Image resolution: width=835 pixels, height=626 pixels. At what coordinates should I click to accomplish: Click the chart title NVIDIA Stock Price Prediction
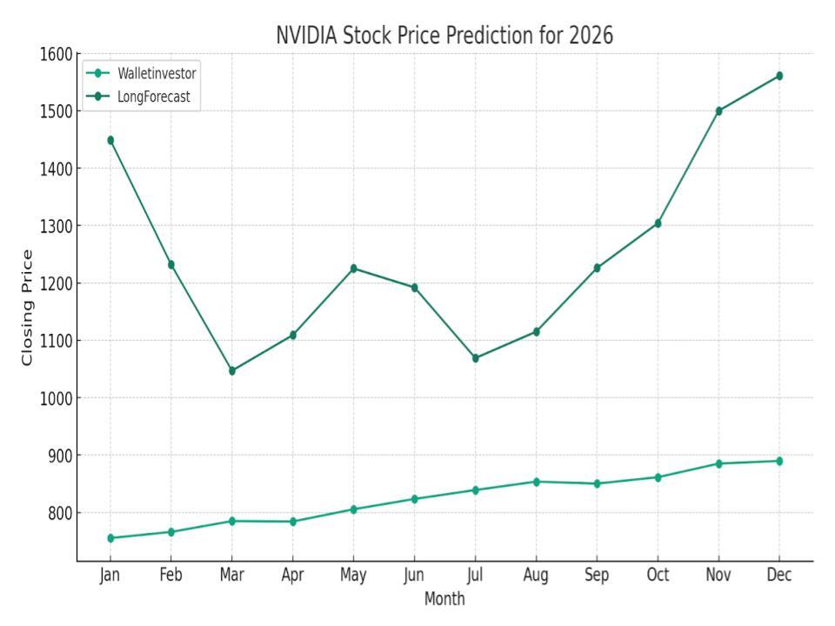(x=444, y=36)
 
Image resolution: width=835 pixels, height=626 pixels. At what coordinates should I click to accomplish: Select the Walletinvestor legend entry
(x=157, y=73)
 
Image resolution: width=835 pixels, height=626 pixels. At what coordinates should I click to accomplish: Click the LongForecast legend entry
(x=153, y=97)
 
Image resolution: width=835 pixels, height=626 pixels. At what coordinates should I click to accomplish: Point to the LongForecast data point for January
(x=110, y=140)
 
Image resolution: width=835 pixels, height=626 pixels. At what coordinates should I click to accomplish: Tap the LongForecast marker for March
(x=232, y=371)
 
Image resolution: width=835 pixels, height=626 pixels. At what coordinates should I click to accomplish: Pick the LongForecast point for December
(x=779, y=76)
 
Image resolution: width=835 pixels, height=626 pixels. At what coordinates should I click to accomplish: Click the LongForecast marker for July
(x=475, y=358)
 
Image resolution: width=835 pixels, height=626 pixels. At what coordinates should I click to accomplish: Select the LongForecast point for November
(x=718, y=111)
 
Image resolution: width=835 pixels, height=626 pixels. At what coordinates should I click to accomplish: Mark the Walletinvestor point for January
(x=110, y=538)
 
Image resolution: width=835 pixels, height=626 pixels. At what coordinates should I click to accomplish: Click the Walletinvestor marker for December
(x=779, y=461)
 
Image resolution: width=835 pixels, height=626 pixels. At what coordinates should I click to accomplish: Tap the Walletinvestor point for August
(x=536, y=482)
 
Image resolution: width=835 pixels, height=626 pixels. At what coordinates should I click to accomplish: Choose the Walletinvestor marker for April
(x=293, y=522)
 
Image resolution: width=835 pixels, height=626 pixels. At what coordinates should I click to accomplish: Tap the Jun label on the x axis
(x=414, y=576)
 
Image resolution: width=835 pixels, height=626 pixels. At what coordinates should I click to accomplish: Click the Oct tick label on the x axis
(x=658, y=576)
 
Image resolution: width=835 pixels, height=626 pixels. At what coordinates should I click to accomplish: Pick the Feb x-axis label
(x=171, y=576)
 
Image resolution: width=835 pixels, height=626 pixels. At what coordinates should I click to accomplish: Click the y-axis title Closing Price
(x=28, y=307)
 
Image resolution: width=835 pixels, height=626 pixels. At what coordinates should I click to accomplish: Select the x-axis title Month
(x=444, y=599)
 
